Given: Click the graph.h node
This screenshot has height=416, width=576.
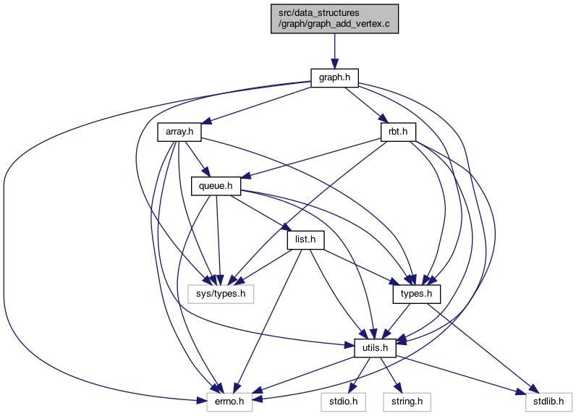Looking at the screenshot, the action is point(334,78).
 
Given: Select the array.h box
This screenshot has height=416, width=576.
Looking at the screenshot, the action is point(179,132).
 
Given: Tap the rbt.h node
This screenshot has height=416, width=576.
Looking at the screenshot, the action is point(398,132).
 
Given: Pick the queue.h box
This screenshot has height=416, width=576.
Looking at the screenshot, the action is point(216,186).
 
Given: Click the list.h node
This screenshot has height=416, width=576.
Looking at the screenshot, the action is point(305,239).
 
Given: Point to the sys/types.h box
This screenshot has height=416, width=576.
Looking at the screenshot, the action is point(221,294).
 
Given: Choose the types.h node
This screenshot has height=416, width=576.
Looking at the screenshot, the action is point(416,294).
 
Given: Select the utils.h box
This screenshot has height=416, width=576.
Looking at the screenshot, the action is point(375,348).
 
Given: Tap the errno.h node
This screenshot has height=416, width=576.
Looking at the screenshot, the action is point(229,402).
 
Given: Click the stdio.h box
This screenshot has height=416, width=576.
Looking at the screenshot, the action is point(343,402).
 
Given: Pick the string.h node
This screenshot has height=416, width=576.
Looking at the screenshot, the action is point(407,402).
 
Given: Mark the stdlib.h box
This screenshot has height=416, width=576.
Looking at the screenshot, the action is point(549,402).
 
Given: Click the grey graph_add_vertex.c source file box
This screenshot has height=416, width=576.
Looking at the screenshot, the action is point(334,19).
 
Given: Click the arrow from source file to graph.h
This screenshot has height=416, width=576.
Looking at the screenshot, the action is point(334,51).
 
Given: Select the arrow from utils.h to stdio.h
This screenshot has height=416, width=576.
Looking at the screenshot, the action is point(359,375).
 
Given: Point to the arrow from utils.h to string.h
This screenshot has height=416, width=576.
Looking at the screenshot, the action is point(391,375).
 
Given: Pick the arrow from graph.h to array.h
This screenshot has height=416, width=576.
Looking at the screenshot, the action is point(257,105).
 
